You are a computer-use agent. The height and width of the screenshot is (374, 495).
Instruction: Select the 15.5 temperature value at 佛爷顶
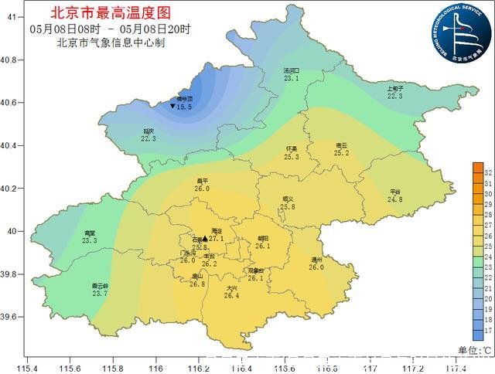[184, 107]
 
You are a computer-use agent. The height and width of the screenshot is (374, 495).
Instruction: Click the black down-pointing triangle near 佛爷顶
[172, 107]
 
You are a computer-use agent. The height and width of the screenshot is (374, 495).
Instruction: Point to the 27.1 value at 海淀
[216, 239]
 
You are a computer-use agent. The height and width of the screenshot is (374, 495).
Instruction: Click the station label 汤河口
[291, 70]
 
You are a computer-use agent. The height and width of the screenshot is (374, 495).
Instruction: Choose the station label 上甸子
[395, 88]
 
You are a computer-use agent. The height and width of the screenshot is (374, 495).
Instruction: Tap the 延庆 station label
[148, 131]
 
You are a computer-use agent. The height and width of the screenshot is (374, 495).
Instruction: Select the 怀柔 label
[292, 148]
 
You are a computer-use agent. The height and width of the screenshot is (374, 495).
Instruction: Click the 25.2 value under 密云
[341, 153]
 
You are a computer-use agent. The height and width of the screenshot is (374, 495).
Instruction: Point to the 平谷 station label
[395, 191]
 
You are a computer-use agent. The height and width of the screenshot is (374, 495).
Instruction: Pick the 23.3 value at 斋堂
[89, 241]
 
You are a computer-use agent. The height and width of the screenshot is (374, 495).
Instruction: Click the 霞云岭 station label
[100, 285]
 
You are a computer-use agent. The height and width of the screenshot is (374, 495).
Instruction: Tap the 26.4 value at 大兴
[232, 295]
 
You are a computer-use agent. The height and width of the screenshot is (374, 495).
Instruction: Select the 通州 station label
[316, 260]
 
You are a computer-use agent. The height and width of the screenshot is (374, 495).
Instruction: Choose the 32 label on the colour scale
[488, 174]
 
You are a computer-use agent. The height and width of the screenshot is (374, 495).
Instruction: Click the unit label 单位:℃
[476, 350]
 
